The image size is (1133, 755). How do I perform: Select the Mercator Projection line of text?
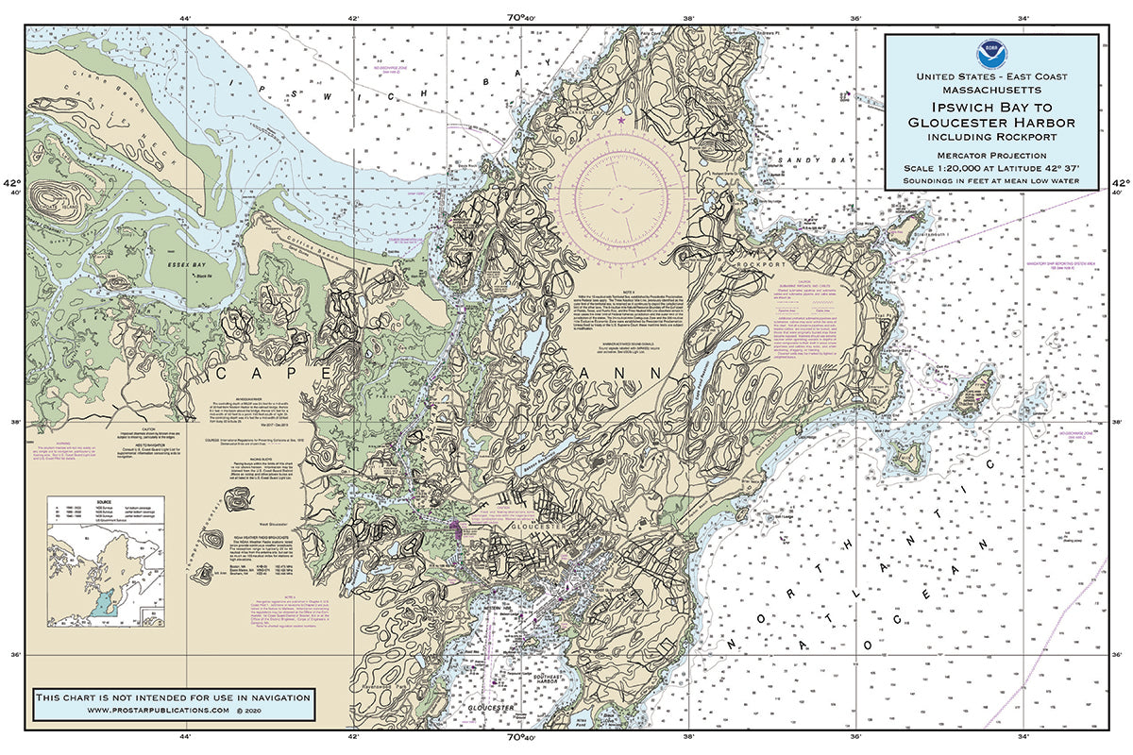point(990,154)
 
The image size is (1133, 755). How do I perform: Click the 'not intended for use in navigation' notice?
point(172,696)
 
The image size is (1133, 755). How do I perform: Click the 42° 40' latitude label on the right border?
point(1119,188)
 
